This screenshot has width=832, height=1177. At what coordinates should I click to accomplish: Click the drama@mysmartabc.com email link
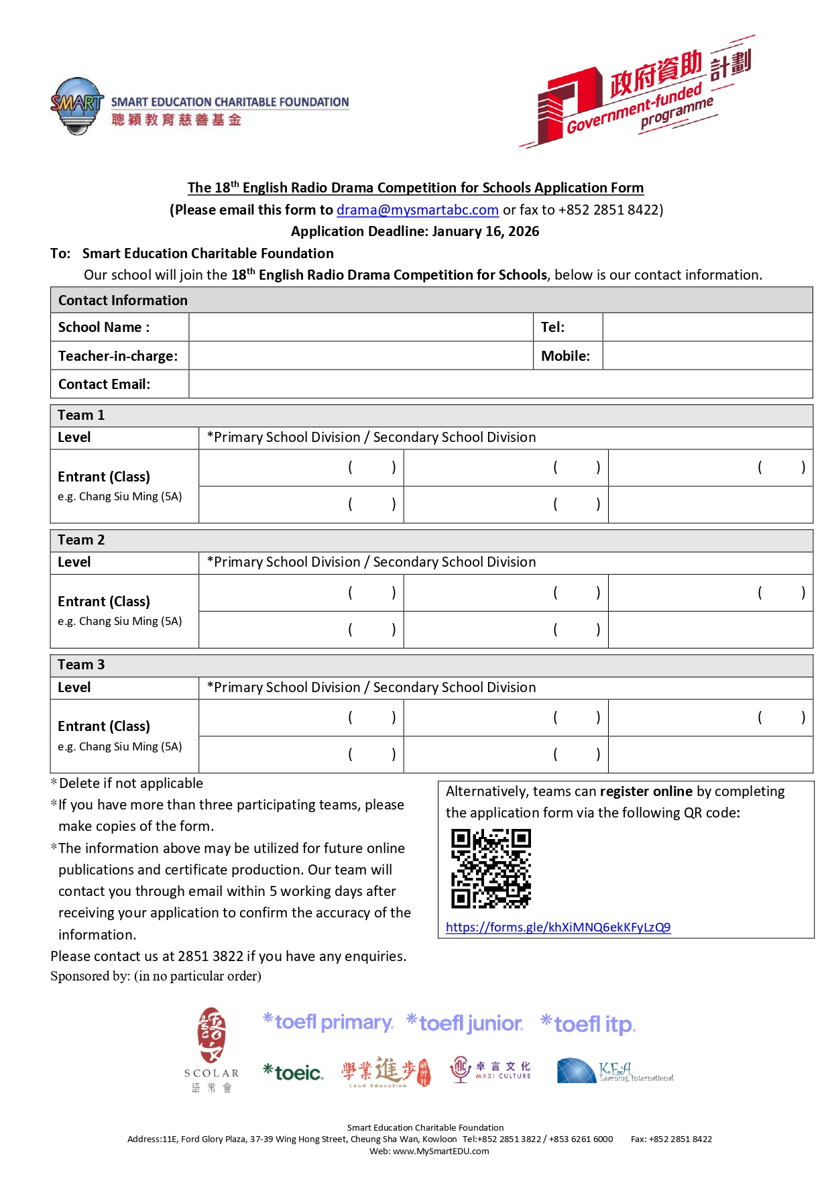click(x=417, y=210)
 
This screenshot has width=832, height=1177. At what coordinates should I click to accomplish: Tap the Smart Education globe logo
click(x=77, y=106)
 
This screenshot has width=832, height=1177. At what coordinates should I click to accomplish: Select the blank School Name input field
click(x=361, y=327)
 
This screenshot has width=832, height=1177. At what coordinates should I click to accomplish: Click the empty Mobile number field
click(x=707, y=356)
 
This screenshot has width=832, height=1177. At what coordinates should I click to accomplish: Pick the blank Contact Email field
click(x=499, y=384)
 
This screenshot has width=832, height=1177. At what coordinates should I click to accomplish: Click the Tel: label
click(x=553, y=327)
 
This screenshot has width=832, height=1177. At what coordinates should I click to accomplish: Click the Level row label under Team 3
click(x=74, y=687)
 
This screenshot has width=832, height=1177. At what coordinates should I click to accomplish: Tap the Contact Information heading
click(x=123, y=300)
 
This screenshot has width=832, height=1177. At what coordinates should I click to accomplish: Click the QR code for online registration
click(x=491, y=868)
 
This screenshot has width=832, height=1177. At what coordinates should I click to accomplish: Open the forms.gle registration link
click(x=558, y=928)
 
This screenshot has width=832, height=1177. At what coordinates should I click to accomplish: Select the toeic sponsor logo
click(x=293, y=1072)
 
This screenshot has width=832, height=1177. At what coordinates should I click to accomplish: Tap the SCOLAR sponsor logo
click(x=211, y=1050)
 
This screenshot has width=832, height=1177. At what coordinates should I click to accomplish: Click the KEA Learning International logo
click(x=614, y=1071)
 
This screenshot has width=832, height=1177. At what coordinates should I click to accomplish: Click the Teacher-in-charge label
click(x=118, y=356)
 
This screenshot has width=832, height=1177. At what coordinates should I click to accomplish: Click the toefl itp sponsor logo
click(x=588, y=1024)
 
